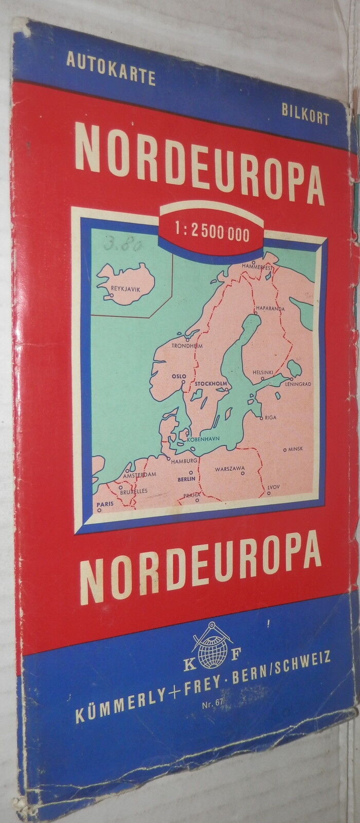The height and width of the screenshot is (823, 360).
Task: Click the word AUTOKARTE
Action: (x=111, y=77)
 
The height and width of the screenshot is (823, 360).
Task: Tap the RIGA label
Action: (x=271, y=418)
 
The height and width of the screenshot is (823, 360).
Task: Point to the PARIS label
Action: (x=105, y=504)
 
